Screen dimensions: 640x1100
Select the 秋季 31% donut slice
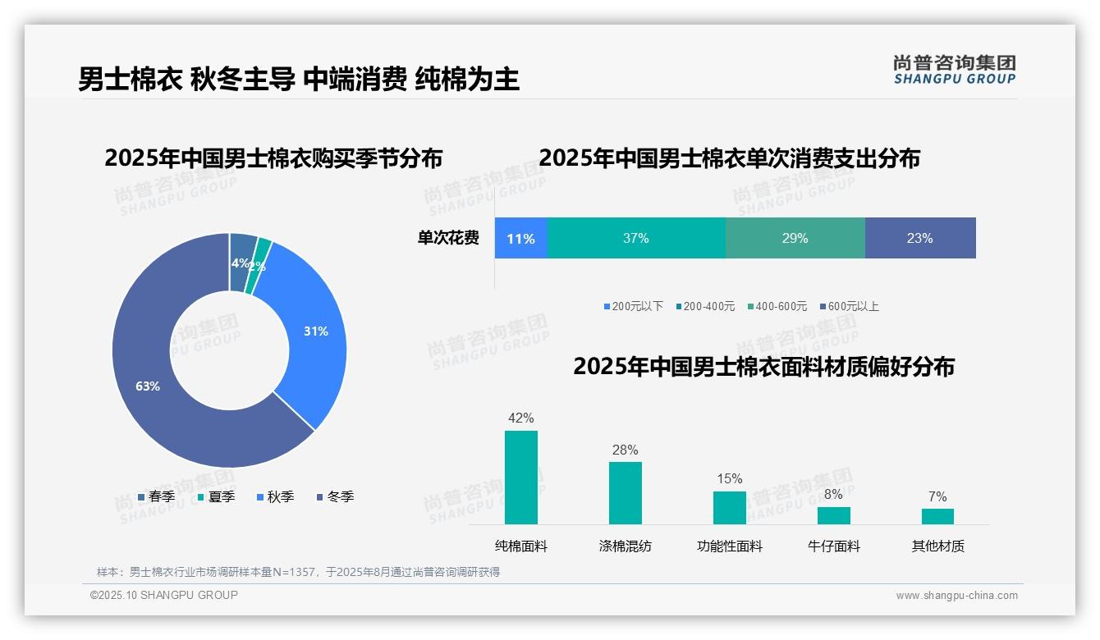316,331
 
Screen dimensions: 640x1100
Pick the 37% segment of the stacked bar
635,238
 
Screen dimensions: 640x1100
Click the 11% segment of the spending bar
520,238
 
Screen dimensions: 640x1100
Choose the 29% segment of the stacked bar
795,238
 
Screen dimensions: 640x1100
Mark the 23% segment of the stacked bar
919,238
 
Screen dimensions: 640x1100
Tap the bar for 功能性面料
729,508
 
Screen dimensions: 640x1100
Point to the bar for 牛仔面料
833,515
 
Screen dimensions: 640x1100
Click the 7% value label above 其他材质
937,496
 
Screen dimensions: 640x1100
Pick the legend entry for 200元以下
633,306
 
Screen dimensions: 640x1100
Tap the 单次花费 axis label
448,238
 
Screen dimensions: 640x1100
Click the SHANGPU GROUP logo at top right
954,70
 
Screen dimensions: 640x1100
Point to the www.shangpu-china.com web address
956,596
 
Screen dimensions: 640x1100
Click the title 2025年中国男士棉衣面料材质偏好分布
763,367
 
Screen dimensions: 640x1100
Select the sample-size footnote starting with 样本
298,572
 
